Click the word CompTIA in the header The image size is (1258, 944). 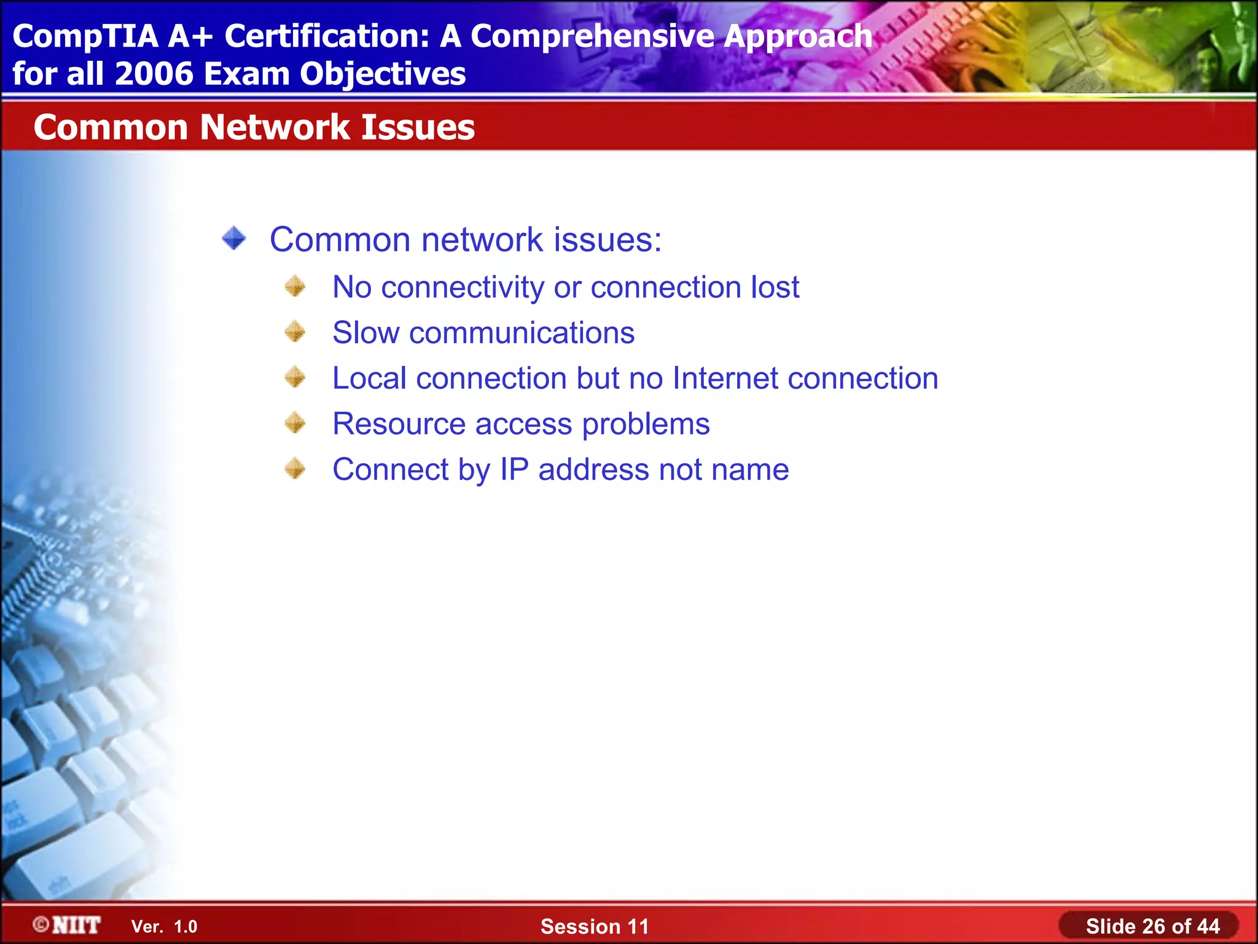[x=85, y=36]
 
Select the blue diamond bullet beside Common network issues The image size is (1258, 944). [x=234, y=238]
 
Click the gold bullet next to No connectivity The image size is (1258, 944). [x=295, y=286]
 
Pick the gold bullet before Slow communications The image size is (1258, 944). [x=295, y=332]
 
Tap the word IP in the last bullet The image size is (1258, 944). [x=514, y=470]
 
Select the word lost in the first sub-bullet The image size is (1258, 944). [x=775, y=286]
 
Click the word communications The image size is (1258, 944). [x=522, y=332]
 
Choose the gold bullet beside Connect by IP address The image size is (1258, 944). [x=295, y=469]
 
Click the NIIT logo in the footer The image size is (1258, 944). [x=68, y=925]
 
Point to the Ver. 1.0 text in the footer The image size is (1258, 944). [x=164, y=927]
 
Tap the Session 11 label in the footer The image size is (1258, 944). [x=594, y=926]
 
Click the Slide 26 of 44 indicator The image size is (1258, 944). [x=1152, y=926]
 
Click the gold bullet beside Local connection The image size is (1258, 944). [x=295, y=377]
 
